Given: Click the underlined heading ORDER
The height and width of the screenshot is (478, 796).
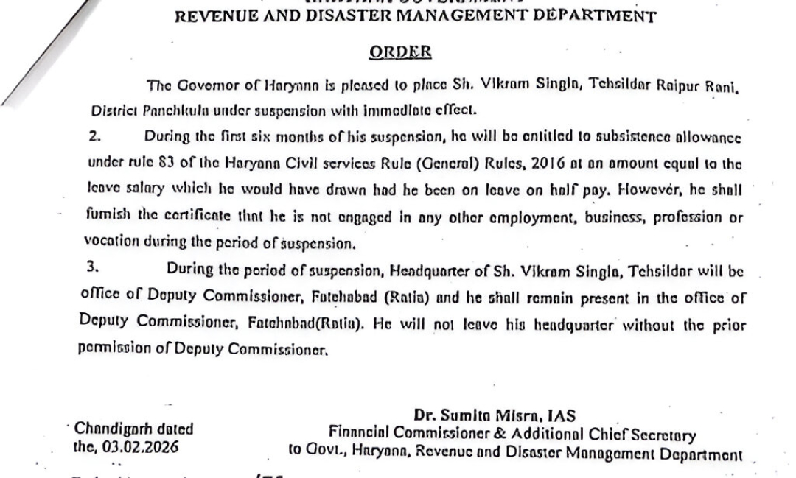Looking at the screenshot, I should pos(399,52).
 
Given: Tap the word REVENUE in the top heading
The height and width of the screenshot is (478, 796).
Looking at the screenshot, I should pos(213,16).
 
